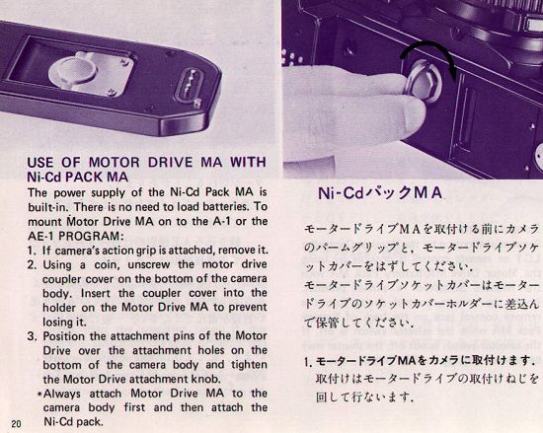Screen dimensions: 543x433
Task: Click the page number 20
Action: pyautogui.click(x=16, y=424)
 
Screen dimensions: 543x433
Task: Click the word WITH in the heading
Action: pyautogui.click(x=248, y=162)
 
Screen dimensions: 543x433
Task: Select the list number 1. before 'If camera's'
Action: pyautogui.click(x=32, y=251)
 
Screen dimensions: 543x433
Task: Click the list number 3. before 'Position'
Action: pyautogui.click(x=32, y=336)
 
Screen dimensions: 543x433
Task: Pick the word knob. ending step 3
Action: pyautogui.click(x=206, y=379)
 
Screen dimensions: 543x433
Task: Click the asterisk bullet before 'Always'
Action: pyautogui.click(x=39, y=394)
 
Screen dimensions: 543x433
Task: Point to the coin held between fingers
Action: pyautogui.click(x=424, y=82)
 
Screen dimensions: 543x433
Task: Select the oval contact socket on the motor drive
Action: pyautogui.click(x=188, y=86)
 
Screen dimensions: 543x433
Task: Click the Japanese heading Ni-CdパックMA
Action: pyautogui.click(x=380, y=193)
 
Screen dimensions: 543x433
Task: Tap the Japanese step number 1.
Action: pyautogui.click(x=309, y=362)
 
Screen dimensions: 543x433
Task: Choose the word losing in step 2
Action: pyautogui.click(x=54, y=323)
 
